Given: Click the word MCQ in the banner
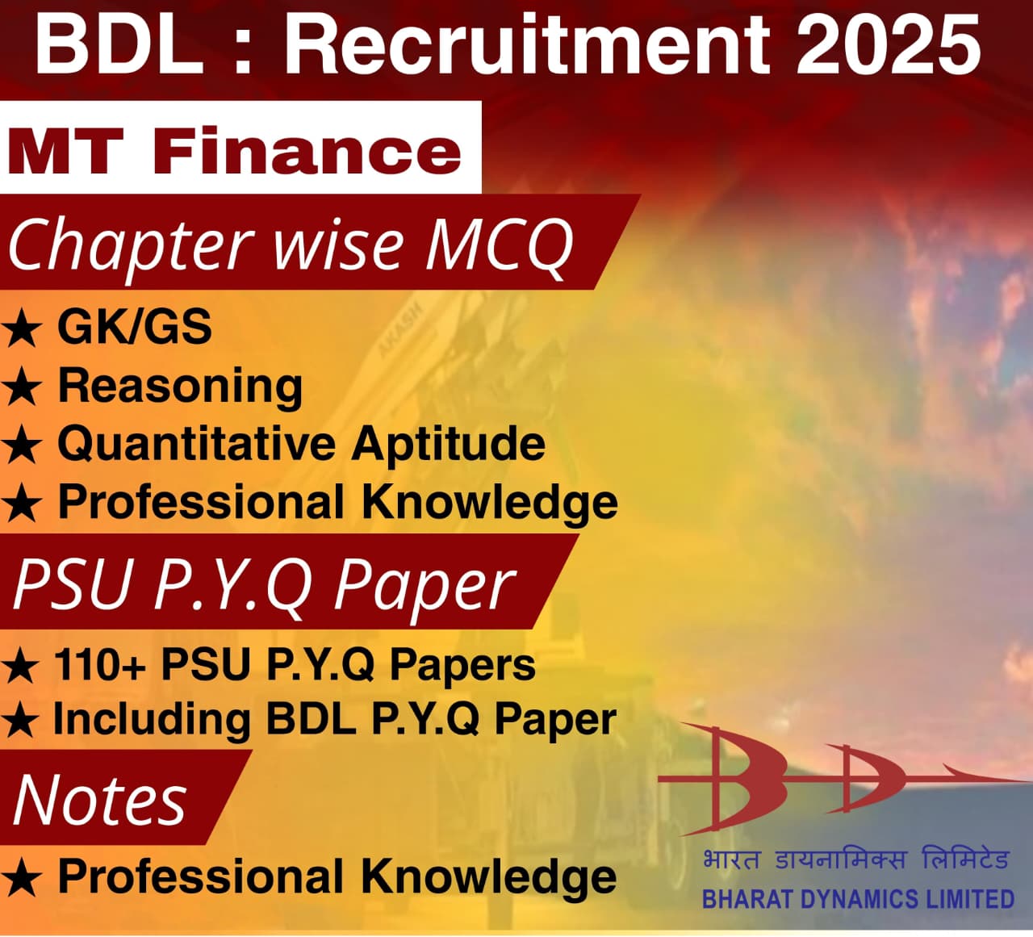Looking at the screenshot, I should point(498,245).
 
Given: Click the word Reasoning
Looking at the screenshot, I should point(180,386).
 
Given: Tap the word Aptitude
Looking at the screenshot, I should point(448,445).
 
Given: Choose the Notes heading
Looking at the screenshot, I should point(100,799).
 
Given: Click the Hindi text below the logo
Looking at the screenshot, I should point(855,860).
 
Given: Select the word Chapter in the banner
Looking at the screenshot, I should point(129,245).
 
